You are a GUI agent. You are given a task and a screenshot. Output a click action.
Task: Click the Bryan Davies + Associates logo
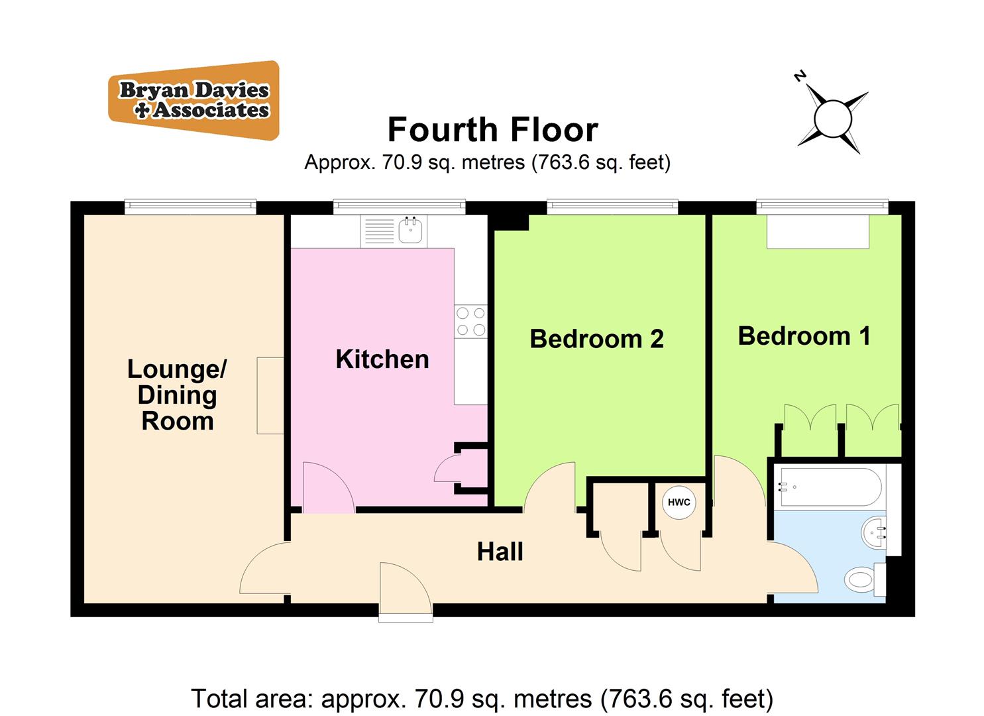point(193,100)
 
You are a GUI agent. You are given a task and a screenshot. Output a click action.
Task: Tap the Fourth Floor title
point(492,129)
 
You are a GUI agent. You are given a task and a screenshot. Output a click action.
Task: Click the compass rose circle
point(832,119)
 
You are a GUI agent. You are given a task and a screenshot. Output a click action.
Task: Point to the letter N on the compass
point(800,76)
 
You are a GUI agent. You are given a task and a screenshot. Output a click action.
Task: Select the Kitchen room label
point(382,359)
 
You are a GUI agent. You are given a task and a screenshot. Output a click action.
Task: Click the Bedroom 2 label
point(596,339)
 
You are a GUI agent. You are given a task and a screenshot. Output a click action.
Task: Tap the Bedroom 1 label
point(804,336)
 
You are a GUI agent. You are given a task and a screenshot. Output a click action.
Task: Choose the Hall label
point(500,552)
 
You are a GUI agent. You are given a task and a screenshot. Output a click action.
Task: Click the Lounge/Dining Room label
point(177,395)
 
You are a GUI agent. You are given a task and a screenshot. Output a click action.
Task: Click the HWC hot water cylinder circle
point(679,502)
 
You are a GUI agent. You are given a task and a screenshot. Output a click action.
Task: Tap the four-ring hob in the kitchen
point(470,322)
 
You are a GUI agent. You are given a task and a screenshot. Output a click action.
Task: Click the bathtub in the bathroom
point(830,487)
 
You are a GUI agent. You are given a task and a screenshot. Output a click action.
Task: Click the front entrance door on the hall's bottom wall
point(406,591)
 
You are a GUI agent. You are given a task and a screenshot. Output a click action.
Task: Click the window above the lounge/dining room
point(190,207)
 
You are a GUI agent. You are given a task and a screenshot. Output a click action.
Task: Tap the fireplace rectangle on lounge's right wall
point(270,395)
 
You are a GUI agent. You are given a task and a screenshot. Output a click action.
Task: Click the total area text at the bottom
point(482,698)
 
